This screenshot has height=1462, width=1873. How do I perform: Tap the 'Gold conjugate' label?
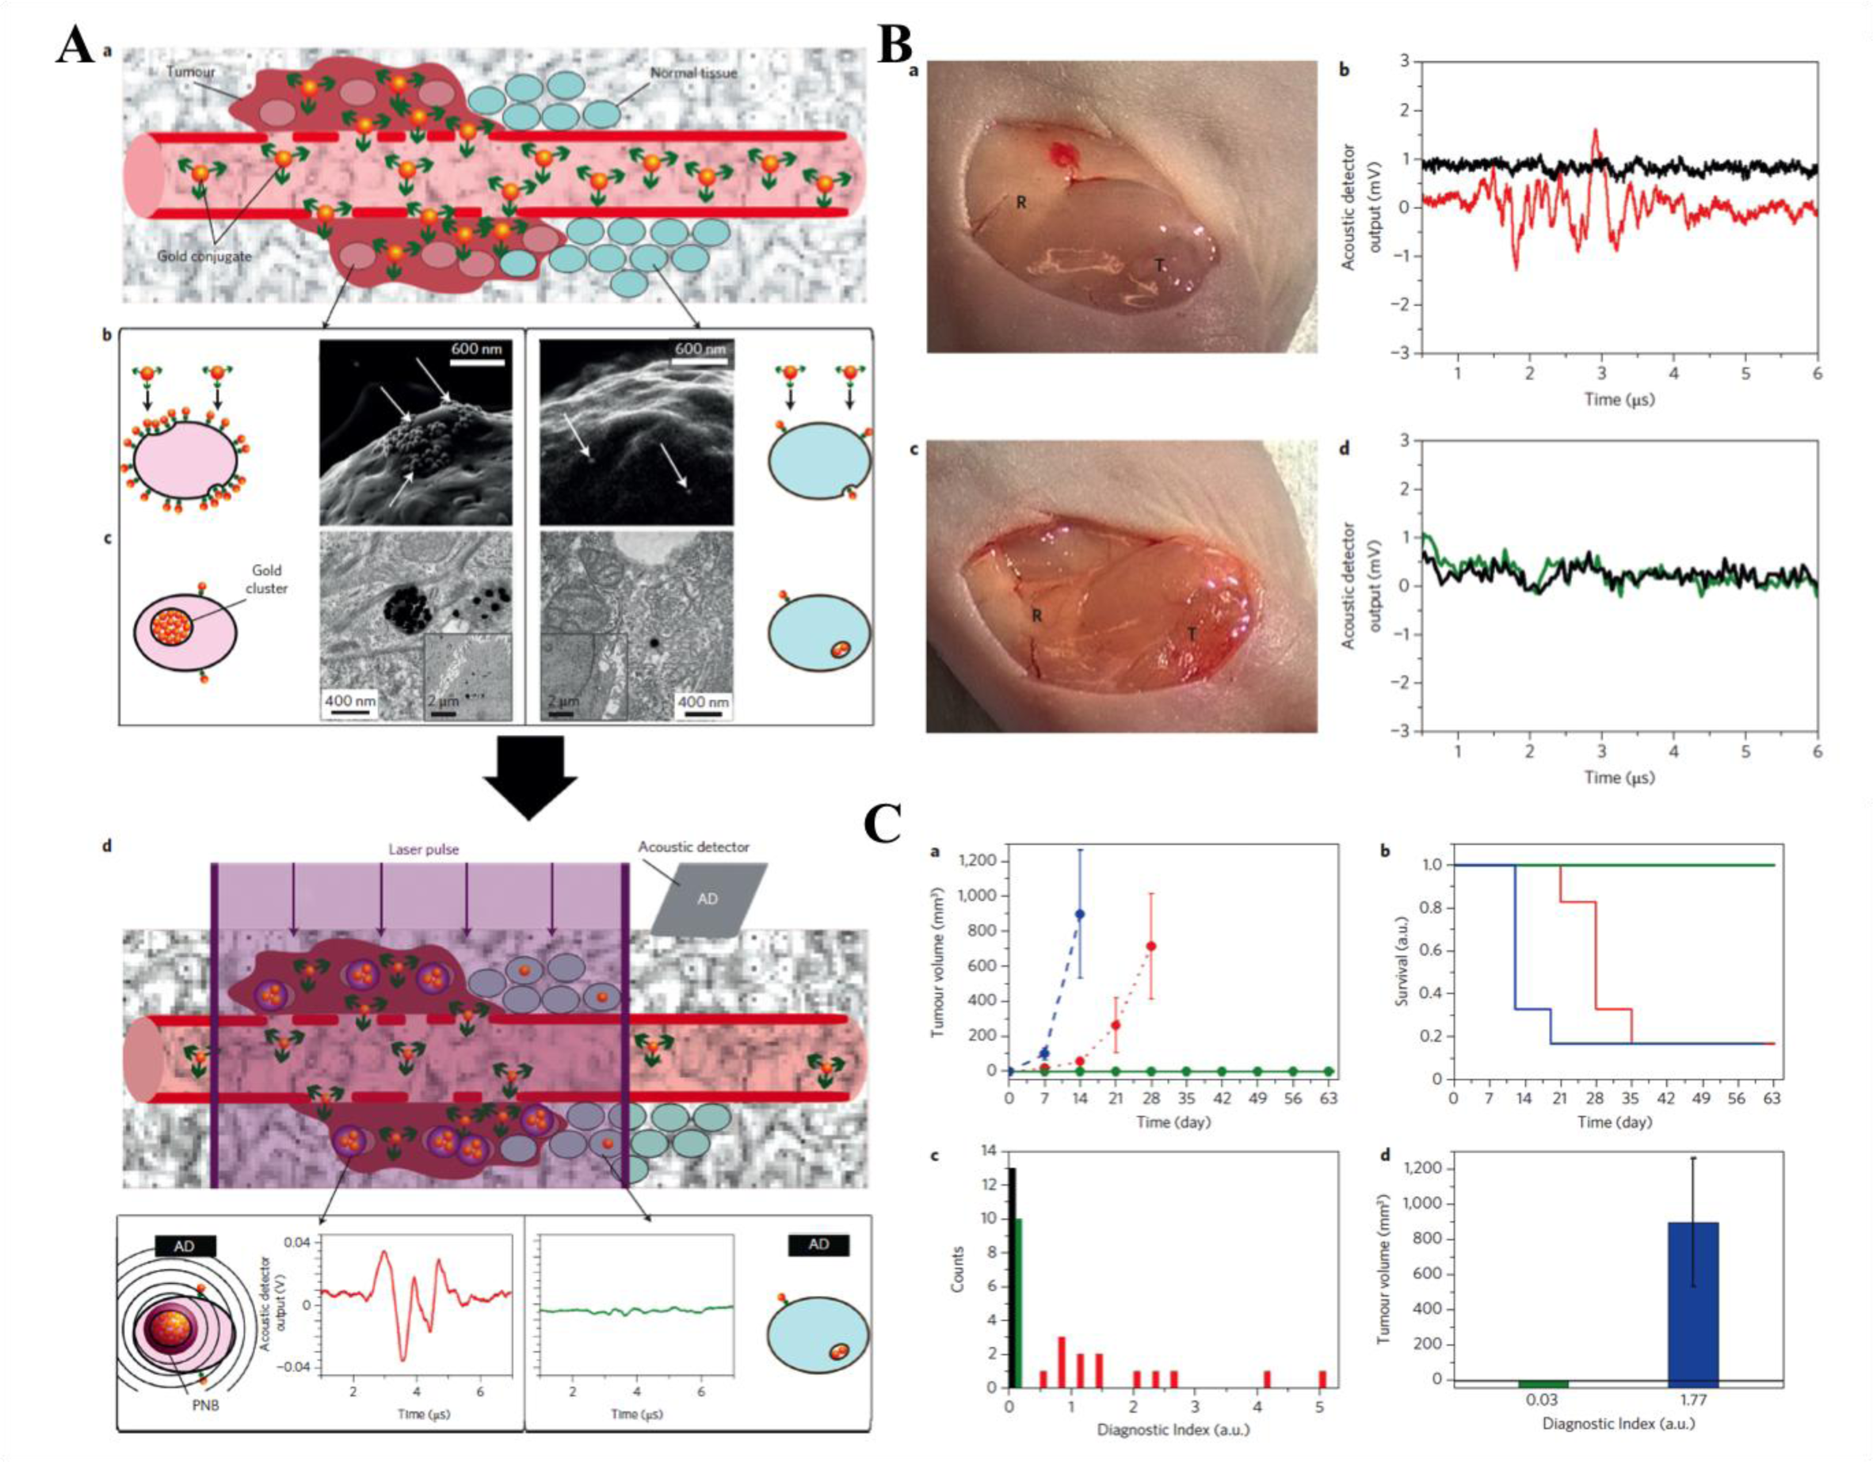tap(205, 256)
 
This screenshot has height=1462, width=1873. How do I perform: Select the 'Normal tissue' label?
tap(693, 73)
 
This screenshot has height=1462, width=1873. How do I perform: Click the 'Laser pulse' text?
tap(424, 850)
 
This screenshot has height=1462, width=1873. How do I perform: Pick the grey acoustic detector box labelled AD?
tap(708, 899)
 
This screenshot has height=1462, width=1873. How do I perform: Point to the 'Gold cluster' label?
tap(266, 579)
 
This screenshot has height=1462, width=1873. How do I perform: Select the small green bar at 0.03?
tap(1542, 1384)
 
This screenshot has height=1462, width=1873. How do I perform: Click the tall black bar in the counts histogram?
tap(1012, 1277)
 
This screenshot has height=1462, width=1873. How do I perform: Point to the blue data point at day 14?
tap(1080, 914)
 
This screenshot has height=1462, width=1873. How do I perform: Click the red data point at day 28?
tap(1151, 946)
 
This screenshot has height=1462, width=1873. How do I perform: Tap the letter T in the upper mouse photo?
tap(1159, 266)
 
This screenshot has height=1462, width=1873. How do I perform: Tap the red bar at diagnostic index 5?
tap(1322, 1378)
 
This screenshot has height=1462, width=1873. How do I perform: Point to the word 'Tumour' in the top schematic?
tap(190, 72)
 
